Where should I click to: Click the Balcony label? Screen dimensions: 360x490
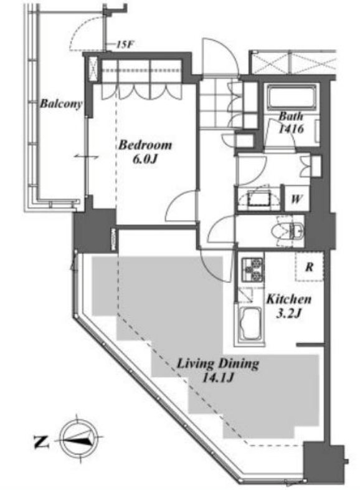pos(61,103)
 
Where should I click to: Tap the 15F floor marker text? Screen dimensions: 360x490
pos(125,45)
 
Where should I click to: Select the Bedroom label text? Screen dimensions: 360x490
pos(145,145)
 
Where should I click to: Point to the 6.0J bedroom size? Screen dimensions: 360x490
pos(144,159)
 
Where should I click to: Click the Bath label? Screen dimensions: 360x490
pos(291,117)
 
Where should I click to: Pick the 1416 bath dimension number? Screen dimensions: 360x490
pos(291,129)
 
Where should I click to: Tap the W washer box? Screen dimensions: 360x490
pos(296,199)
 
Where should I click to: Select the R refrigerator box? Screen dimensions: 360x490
pos(309,267)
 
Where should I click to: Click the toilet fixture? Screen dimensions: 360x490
pos(288,231)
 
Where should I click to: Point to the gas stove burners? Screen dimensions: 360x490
pos(252,269)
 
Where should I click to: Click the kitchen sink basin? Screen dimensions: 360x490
pos(251,324)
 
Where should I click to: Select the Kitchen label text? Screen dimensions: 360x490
pos(289,299)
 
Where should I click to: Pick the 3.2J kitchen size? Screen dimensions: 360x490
pos(289,313)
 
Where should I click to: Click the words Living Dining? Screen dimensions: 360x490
pos(218,363)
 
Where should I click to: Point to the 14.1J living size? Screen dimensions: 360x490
pos(218,378)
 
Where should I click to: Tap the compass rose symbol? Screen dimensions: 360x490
pos(78,439)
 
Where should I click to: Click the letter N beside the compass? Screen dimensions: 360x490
pos(41,442)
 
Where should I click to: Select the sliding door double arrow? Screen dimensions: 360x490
pos(87,156)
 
